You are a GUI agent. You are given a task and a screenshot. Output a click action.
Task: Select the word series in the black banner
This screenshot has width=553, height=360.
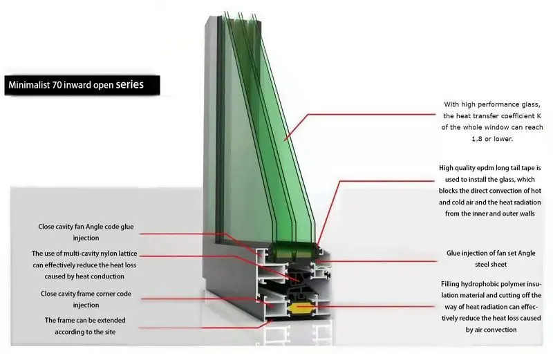pyautogui.click(x=130, y=86)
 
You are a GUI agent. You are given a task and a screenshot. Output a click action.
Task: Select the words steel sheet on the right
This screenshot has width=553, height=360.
pyautogui.click(x=491, y=265)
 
